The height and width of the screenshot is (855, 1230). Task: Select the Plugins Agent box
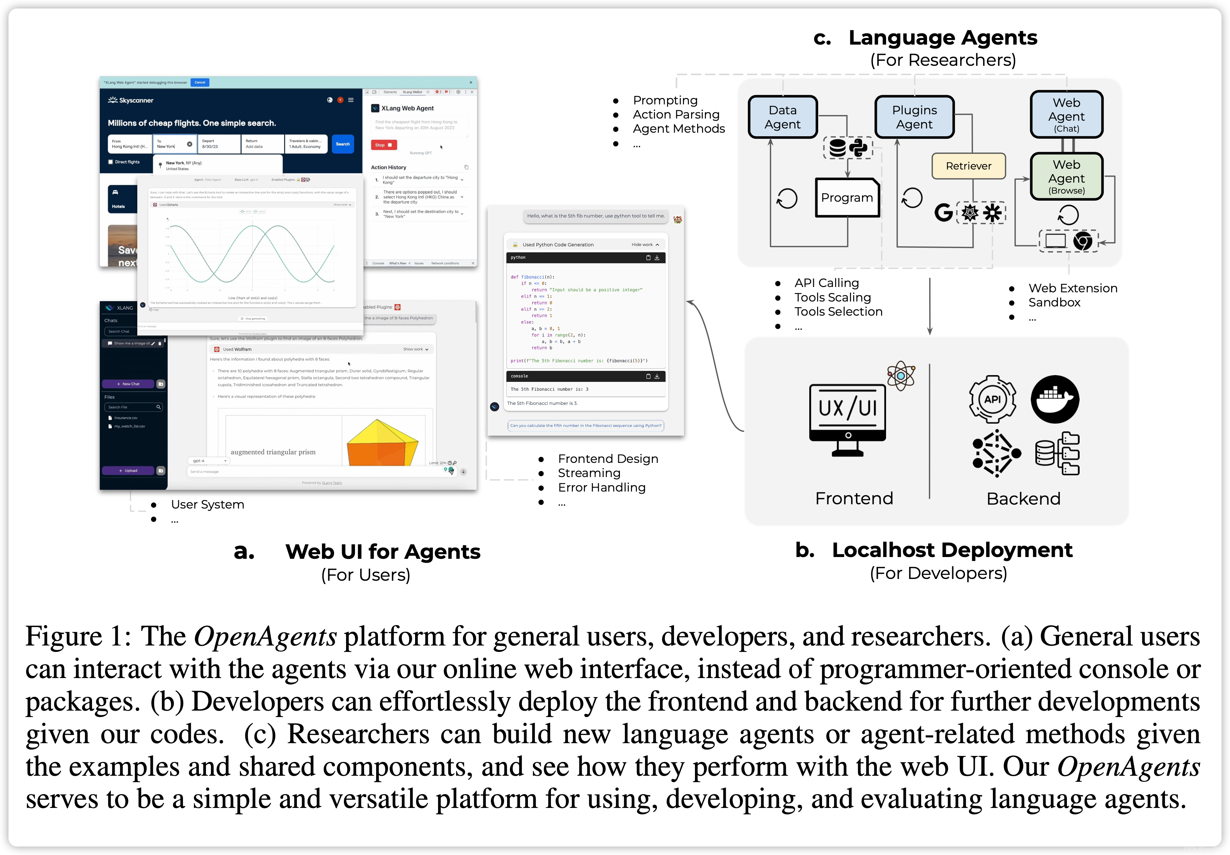914,117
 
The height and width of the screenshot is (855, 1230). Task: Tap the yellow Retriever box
968,166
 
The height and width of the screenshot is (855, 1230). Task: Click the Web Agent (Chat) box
1066,115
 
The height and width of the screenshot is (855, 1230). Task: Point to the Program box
847,198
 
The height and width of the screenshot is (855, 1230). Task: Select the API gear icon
992,399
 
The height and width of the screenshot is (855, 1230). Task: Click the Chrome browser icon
1083,241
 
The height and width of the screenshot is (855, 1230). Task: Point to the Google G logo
943,213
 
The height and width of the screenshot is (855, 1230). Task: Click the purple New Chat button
128,384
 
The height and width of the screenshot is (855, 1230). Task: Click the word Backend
1023,499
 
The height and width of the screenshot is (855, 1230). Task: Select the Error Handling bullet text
602,488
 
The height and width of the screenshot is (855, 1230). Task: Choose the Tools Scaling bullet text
833,297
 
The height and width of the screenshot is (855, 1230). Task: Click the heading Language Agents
943,38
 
